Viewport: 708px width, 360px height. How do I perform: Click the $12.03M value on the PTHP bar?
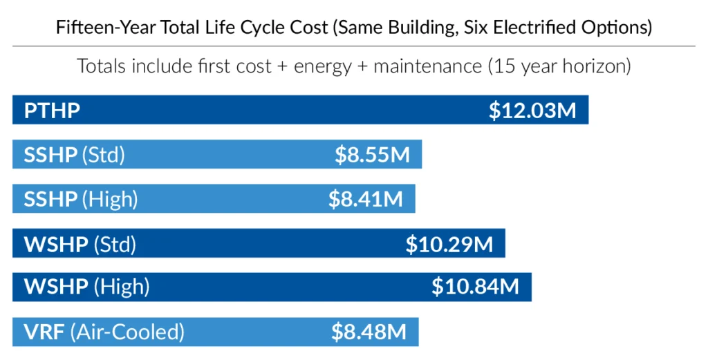coord(532,111)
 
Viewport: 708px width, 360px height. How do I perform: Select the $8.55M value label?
coord(373,155)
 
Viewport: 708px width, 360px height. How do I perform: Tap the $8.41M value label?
coord(366,199)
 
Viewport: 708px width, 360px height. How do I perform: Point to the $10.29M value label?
coord(449,244)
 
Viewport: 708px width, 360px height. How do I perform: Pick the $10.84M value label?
coord(476,287)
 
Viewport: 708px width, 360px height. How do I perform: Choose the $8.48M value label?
coord(369,332)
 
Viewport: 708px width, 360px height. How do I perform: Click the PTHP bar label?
coord(52,111)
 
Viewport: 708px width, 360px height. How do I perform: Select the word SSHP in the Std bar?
coord(50,155)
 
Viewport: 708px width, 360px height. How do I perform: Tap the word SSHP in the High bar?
coord(50,199)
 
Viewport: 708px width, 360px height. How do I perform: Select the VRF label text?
coord(44,332)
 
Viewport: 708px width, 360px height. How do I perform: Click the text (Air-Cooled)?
coord(127,332)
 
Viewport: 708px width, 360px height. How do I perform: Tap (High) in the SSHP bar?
coord(110,199)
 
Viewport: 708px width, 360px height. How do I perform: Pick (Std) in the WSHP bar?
coord(115,244)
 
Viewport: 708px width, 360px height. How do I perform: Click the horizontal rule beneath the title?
coord(354,46)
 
